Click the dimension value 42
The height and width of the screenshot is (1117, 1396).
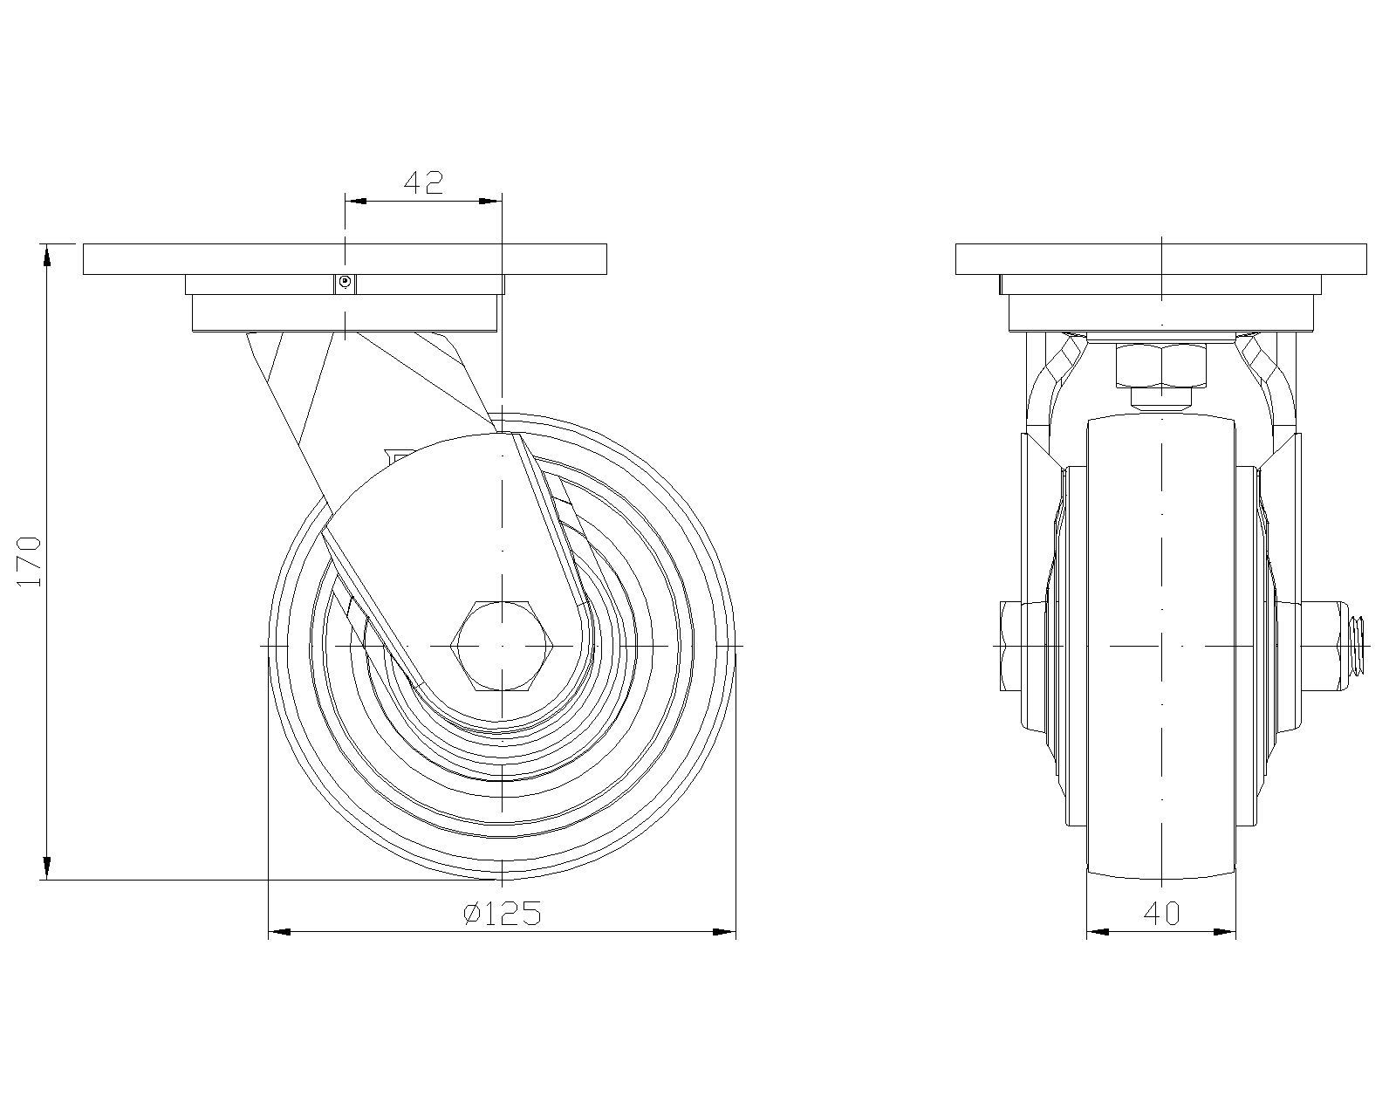423,182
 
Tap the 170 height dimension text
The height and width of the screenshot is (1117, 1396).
29,561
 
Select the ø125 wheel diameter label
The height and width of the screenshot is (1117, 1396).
502,913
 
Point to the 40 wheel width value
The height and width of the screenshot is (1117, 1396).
1161,914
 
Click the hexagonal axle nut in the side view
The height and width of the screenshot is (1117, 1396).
502,646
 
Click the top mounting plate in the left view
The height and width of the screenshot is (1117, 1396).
346,259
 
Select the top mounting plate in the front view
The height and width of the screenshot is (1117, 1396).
1161,259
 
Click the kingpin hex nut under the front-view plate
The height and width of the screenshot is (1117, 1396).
1161,366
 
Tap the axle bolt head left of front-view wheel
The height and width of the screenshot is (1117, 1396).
1010,646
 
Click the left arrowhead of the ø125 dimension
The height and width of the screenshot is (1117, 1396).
279,932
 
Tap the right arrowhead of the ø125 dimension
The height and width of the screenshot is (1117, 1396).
724,932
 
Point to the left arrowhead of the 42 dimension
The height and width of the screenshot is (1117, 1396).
355,202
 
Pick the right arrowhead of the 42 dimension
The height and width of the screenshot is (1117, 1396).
491,202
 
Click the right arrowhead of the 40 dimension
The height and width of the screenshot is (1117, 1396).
1225,932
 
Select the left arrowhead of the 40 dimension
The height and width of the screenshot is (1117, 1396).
1098,932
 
